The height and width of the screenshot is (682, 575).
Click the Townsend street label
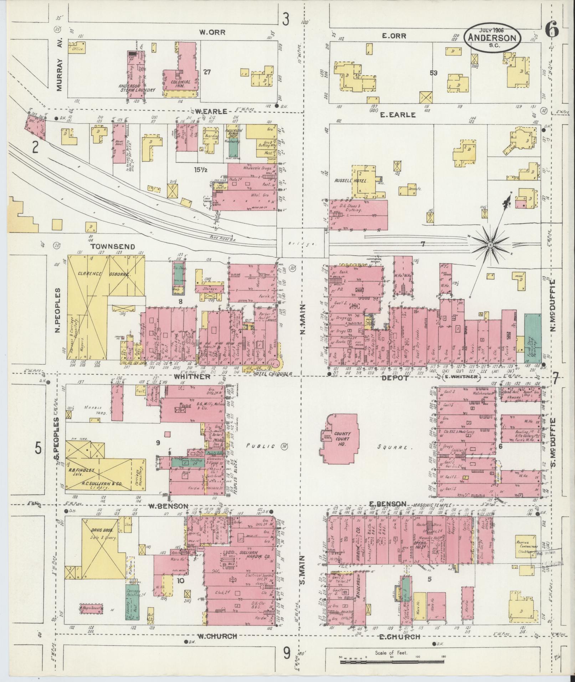click(x=107, y=246)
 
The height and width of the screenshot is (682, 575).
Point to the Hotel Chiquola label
click(x=273, y=374)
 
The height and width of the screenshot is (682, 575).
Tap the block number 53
click(x=433, y=73)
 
